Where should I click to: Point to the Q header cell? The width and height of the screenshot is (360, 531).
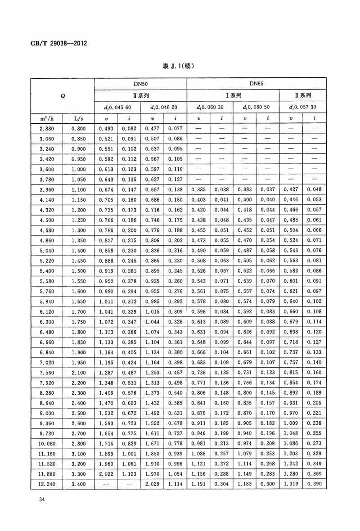point(63,95)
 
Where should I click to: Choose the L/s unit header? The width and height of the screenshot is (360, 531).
point(78,118)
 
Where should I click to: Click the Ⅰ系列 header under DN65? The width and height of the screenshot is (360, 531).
point(233,95)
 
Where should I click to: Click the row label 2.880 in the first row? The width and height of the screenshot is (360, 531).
point(47,129)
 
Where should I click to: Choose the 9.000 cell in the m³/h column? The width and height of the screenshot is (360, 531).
point(47,413)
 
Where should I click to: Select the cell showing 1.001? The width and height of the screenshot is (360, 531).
point(129,452)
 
